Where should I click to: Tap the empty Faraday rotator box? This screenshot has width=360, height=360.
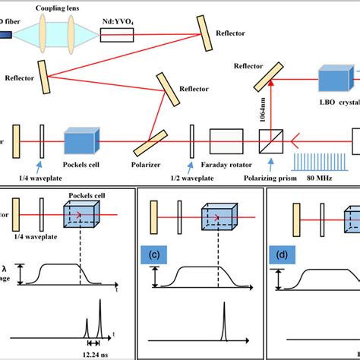(x=226, y=141)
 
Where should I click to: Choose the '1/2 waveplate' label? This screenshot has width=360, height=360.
(x=191, y=179)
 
